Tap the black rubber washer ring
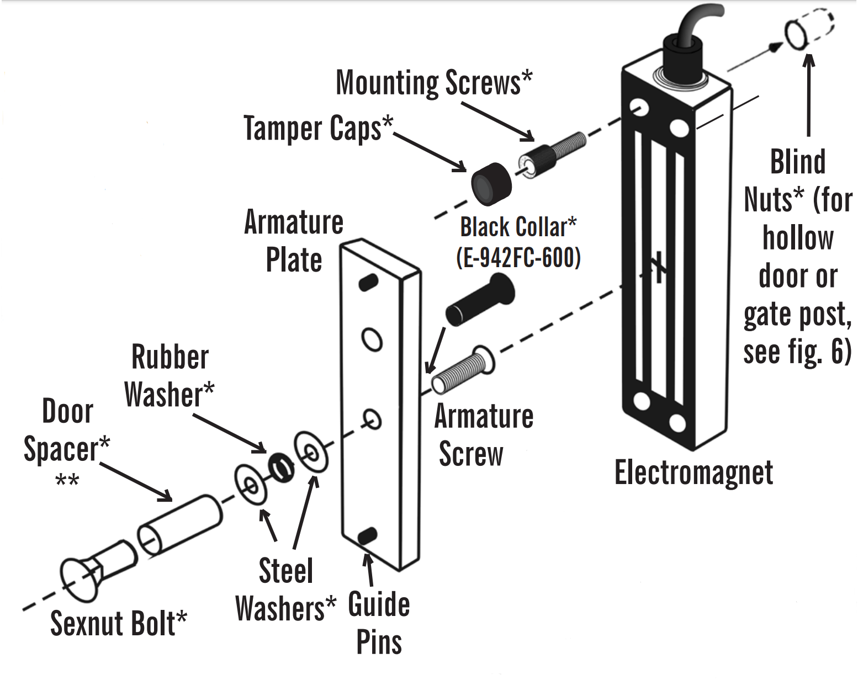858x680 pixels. pos(280,467)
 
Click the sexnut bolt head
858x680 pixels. pos(80,580)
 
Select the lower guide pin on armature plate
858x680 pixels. pos(368,535)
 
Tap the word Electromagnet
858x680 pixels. pos(693,474)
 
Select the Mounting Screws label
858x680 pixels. pos(434,82)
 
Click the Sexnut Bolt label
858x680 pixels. pos(118,624)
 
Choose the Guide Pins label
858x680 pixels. pos(379,624)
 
